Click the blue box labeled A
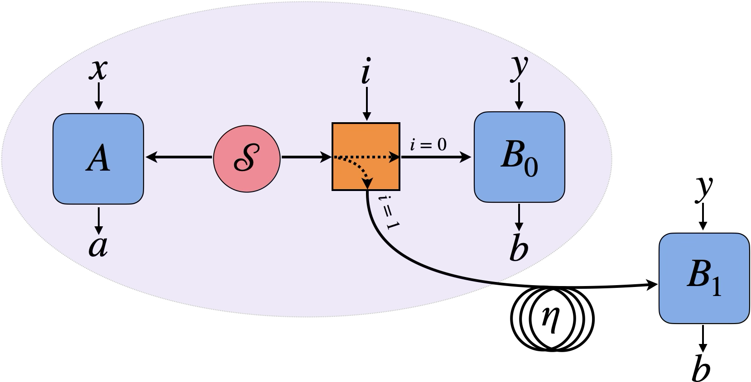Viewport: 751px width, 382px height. point(98,158)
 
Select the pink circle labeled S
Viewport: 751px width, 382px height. point(246,158)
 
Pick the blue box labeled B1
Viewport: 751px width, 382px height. point(703,278)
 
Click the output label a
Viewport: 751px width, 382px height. point(98,246)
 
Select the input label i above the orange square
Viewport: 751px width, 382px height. point(366,72)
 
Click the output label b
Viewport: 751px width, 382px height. point(519,248)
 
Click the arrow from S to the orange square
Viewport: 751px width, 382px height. point(306,158)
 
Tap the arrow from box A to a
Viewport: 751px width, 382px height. point(98,219)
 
